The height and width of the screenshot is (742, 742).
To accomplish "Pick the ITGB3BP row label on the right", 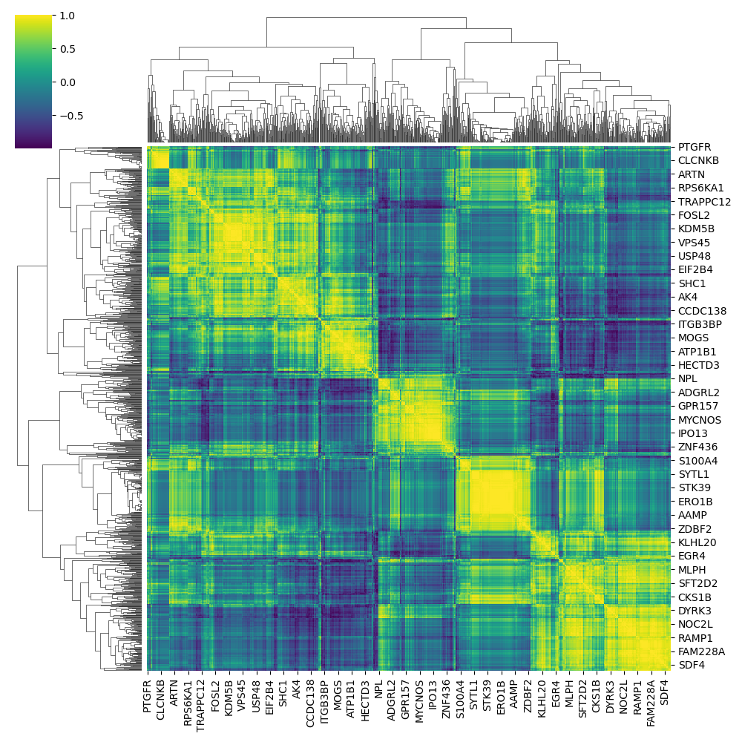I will (700, 324).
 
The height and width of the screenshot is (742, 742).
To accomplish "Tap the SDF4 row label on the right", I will (692, 666).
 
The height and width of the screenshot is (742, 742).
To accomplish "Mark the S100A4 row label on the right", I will (697, 461).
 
